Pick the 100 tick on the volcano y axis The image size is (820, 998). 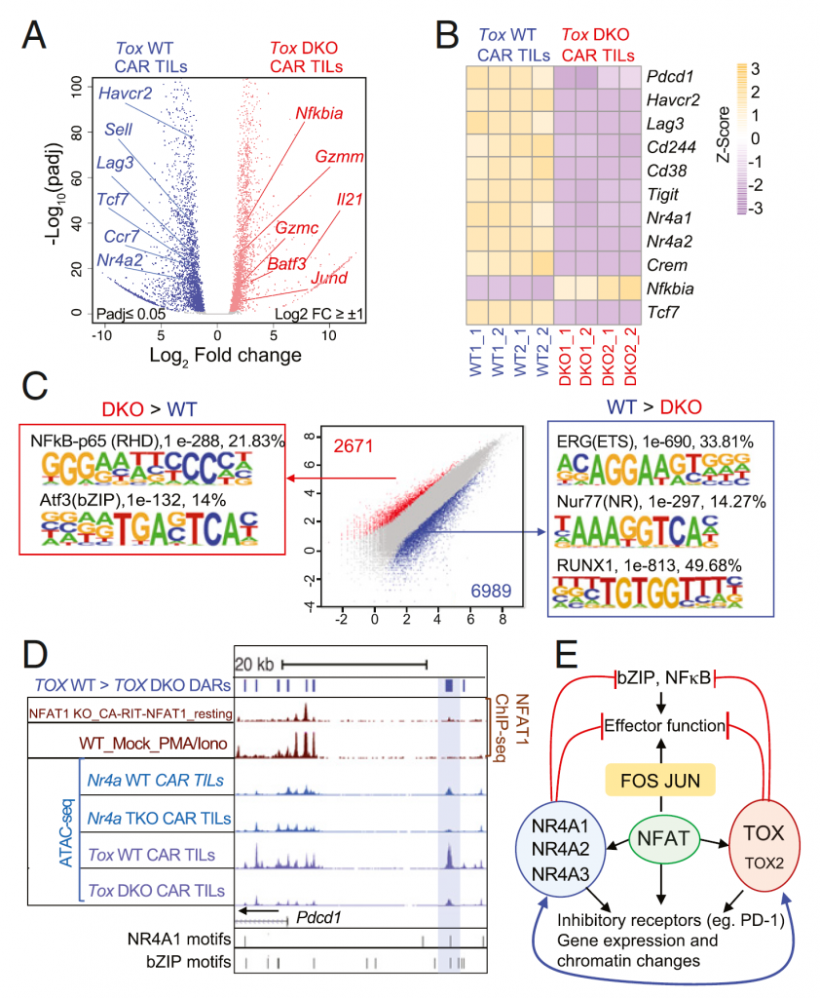pyautogui.click(x=75, y=85)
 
